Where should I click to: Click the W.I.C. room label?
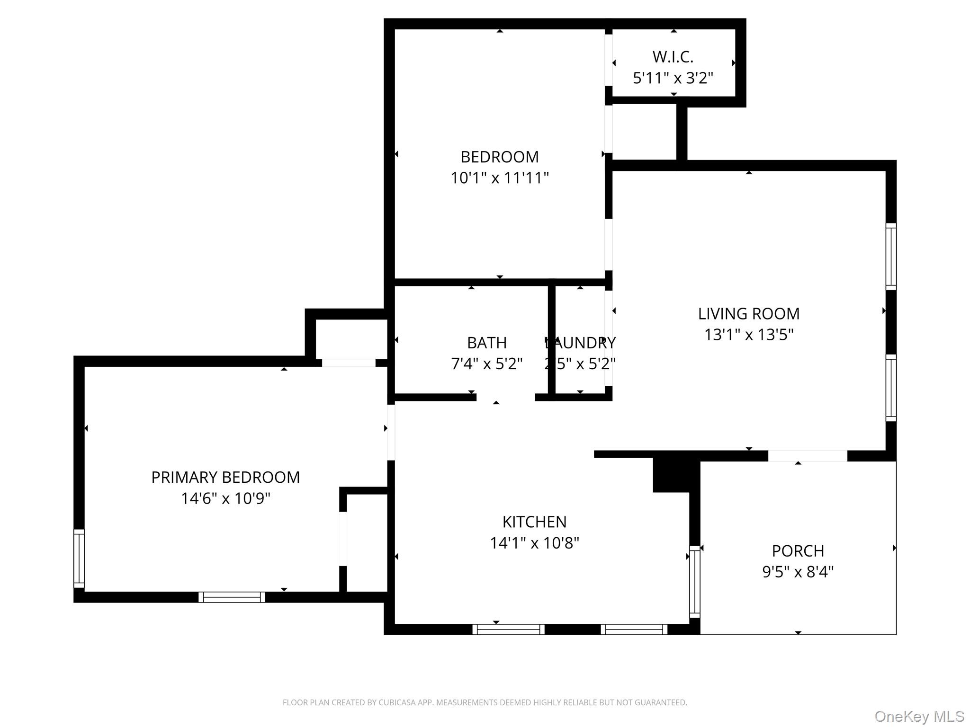point(673,57)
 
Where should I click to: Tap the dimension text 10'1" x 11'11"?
point(499,178)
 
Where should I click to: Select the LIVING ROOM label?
point(748,313)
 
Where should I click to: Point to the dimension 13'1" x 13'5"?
point(748,335)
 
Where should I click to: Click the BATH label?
point(486,342)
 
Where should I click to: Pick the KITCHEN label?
point(534,522)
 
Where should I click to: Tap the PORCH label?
point(798,551)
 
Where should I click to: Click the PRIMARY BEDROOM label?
point(225,477)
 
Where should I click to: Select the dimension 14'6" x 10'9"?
point(225,498)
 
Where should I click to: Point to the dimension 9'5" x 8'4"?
point(798,572)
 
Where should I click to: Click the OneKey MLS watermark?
point(919,717)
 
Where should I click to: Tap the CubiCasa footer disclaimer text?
point(485,702)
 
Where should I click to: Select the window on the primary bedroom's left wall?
point(79,559)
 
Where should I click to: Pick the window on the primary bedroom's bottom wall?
point(232,597)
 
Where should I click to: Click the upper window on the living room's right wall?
point(891,256)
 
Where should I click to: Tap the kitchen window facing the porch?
point(694,581)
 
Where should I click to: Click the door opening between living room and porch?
point(807,456)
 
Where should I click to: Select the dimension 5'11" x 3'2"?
point(673,78)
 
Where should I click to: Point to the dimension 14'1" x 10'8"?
point(534,543)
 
